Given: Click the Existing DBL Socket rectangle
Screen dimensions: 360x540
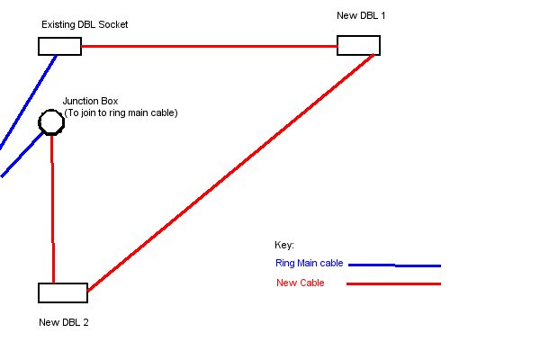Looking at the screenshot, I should coord(59,46).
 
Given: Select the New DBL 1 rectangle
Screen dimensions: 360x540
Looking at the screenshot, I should coord(358,45).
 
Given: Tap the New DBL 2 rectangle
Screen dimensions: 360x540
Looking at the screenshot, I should coord(63,292).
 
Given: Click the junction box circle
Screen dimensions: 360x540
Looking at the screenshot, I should coord(50,121).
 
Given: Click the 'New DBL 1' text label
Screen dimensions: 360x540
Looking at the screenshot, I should coord(360,15).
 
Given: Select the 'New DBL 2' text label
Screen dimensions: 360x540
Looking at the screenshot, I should coord(64,322).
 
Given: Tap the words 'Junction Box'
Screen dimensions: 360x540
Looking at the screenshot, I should coord(90,102).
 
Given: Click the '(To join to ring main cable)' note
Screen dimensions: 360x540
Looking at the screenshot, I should coord(121,112).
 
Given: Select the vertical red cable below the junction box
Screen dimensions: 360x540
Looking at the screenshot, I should coord(52,207).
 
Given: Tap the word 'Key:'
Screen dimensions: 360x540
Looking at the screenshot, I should coord(284,246).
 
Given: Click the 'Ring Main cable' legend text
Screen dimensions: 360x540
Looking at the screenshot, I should coord(308,264).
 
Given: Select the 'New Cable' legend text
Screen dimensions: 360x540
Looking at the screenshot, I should coord(300,283).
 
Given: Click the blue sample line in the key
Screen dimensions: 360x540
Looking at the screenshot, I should coord(394,265).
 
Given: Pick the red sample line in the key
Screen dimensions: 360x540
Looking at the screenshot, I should coord(394,283).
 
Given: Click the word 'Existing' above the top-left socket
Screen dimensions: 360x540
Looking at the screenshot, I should coord(58,24).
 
